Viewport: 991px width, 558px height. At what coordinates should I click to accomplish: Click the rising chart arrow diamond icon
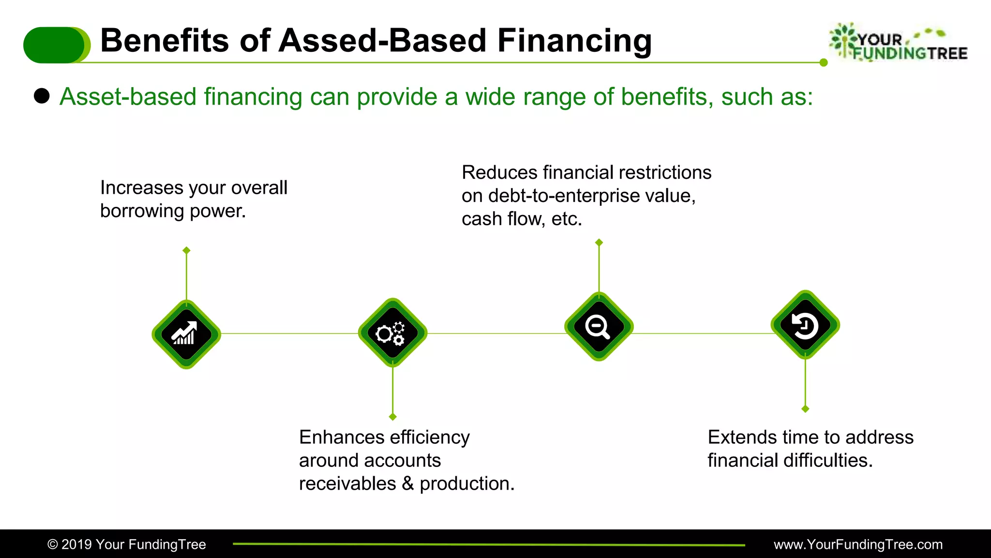click(x=186, y=334)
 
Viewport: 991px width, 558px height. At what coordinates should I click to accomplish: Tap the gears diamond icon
click(x=392, y=333)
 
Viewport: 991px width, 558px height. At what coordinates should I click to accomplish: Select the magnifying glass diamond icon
click(x=599, y=326)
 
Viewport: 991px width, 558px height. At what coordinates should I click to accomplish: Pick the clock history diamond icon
click(x=805, y=325)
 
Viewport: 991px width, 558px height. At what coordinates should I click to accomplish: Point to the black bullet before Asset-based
click(x=42, y=96)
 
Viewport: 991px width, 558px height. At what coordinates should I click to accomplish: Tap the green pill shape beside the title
click(x=56, y=45)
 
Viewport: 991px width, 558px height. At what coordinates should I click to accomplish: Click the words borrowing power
click(x=173, y=211)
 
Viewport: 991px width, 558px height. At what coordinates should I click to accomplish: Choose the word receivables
click(x=347, y=483)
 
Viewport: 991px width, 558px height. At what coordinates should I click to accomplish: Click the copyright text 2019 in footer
click(x=76, y=544)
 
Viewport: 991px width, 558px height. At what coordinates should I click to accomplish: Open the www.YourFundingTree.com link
click(x=858, y=544)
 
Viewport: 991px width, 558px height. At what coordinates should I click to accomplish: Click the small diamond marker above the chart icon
click(x=186, y=250)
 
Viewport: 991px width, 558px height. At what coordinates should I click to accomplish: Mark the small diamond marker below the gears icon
click(x=392, y=417)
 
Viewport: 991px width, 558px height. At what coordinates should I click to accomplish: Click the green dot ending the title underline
click(x=824, y=62)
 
